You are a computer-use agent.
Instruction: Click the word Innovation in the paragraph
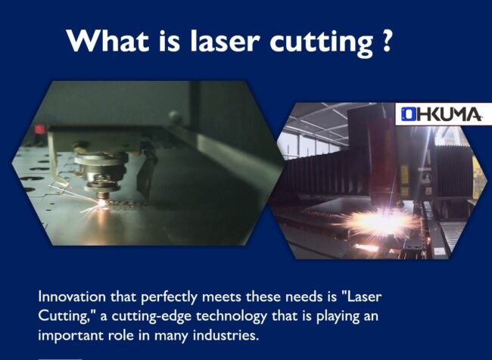click(x=70, y=297)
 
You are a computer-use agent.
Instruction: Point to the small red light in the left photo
click(x=37, y=129)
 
